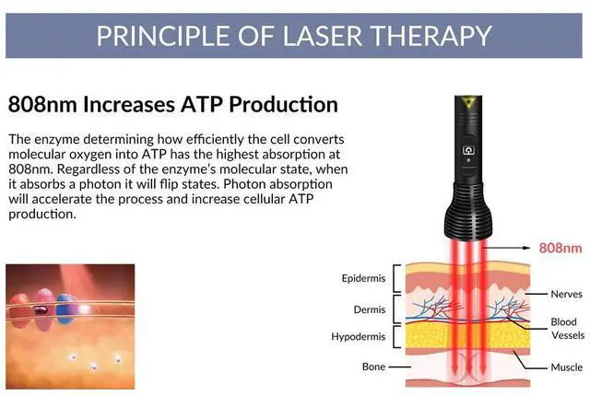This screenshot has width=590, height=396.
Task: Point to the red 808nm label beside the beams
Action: coord(560,248)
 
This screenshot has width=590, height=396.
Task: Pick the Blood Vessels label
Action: coord(565,330)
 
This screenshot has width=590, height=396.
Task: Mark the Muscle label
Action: coord(566,367)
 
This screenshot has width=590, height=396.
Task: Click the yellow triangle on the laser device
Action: coord(467,107)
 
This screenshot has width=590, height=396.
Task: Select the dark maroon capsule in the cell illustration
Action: coord(41,311)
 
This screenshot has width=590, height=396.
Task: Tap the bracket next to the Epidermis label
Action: coord(397,278)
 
